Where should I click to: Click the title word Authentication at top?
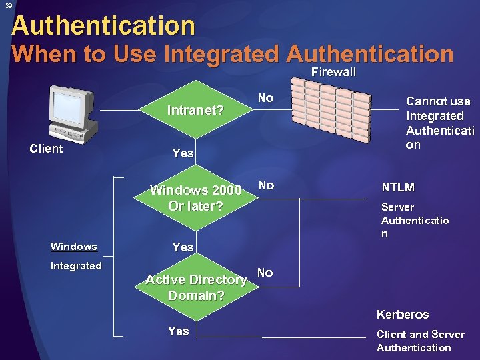[x=103, y=26]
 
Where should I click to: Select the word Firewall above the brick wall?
[x=333, y=72]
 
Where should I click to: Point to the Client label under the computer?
[x=47, y=148]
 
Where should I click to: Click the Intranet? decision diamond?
[x=195, y=109]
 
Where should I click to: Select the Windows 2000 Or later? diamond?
[x=195, y=198]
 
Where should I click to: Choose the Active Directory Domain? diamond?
[x=195, y=287]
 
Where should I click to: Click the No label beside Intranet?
[x=265, y=98]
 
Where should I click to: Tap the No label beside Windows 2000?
[x=266, y=185]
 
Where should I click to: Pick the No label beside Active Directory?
[x=265, y=272]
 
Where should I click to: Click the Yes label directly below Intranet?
[x=183, y=153]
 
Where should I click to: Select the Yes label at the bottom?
[x=178, y=331]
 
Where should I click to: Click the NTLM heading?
[x=397, y=187]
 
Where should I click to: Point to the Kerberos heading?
[x=403, y=314]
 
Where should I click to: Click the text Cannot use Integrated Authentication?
[x=438, y=123]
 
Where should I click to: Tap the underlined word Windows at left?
[x=73, y=247]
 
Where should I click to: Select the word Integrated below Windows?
[x=76, y=266]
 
